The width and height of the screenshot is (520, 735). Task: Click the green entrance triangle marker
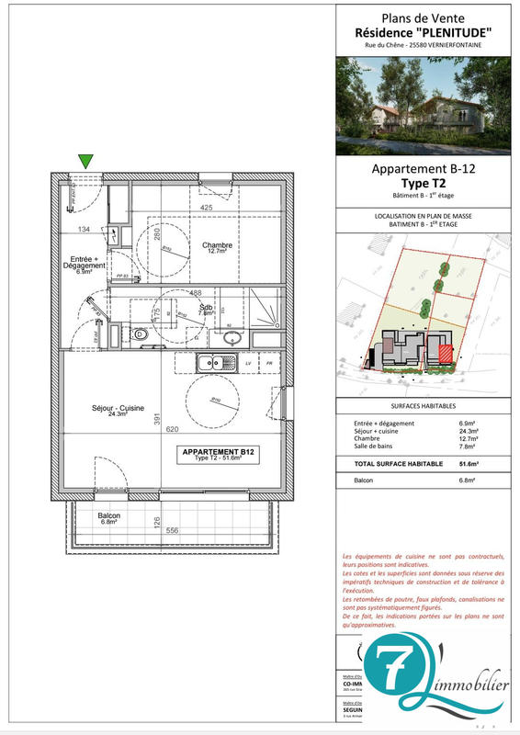[85, 162]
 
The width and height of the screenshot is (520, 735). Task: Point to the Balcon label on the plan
[110, 518]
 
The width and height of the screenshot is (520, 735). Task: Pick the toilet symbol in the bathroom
[139, 334]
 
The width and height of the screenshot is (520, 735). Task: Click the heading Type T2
[423, 184]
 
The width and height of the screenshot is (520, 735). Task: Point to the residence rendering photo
[424, 106]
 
